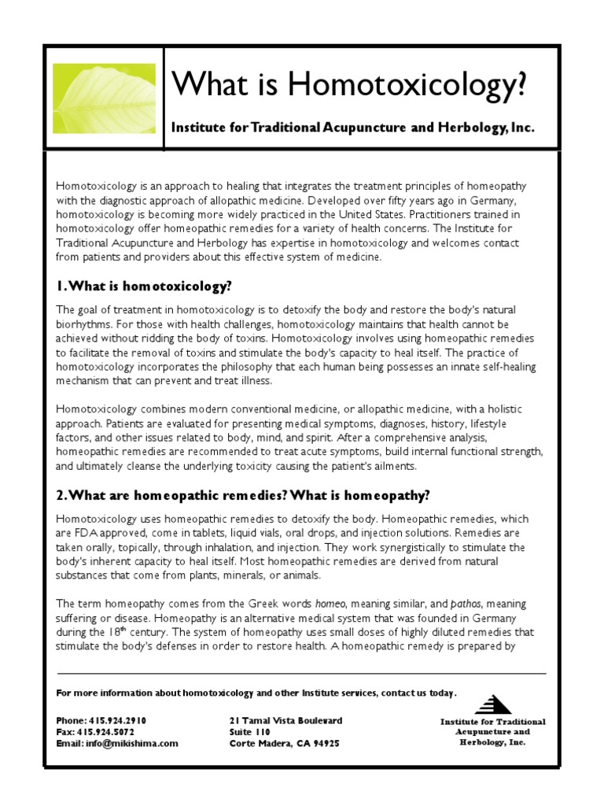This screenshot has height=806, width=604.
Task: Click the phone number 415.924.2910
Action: (120, 720)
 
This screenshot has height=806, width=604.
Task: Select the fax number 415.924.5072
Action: (115, 731)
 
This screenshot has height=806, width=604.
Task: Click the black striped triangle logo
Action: (493, 704)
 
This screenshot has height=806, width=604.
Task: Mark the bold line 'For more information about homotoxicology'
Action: (256, 693)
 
